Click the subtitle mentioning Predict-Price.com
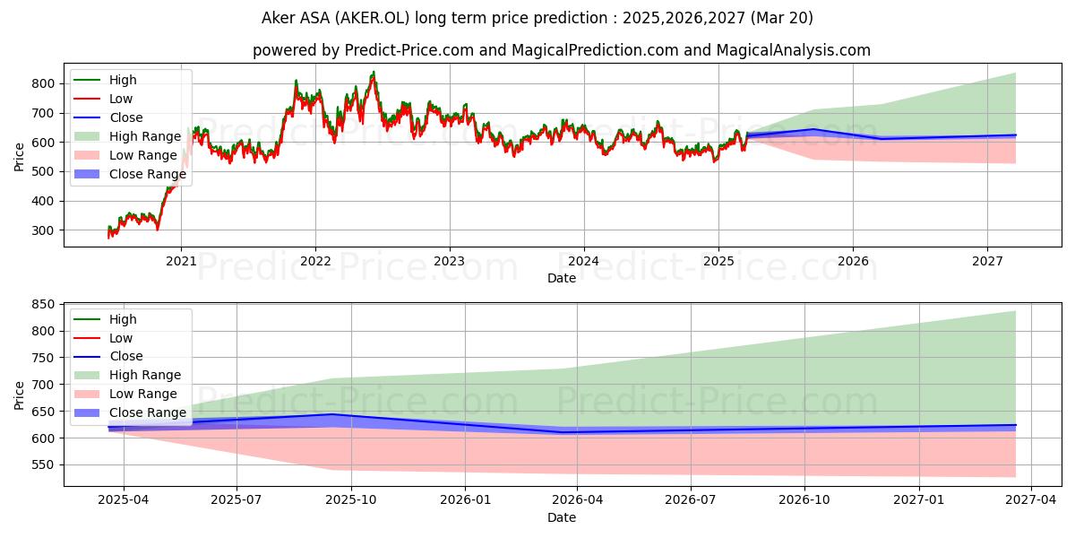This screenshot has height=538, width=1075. pyautogui.click(x=561, y=50)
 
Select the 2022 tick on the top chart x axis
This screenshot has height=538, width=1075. pyautogui.click(x=315, y=261)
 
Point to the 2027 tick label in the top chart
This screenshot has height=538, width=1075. pyautogui.click(x=987, y=261)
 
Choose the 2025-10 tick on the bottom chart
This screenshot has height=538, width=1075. pyautogui.click(x=351, y=500)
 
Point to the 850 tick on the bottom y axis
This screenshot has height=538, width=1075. pyautogui.click(x=43, y=305)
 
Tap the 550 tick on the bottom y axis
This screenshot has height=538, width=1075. pyautogui.click(x=43, y=464)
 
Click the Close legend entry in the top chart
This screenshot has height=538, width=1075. pyautogui.click(x=125, y=117)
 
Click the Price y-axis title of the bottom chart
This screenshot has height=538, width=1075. pyautogui.click(x=20, y=395)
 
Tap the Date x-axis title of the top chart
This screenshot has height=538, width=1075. pyautogui.click(x=561, y=278)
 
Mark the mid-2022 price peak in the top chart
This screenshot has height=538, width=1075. pyautogui.click(x=373, y=73)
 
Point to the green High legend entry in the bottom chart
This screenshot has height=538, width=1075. pyautogui.click(x=123, y=319)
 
